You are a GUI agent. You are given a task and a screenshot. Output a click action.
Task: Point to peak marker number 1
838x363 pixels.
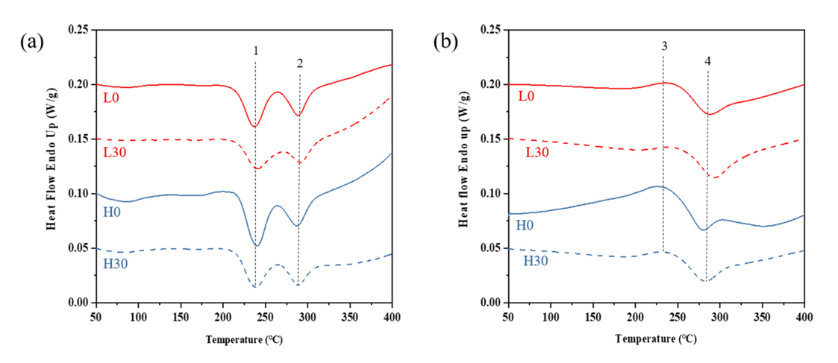point(255,51)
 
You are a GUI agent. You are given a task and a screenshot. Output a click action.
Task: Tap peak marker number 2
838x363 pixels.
point(299,64)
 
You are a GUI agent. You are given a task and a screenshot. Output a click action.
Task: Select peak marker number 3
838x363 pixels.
point(663,46)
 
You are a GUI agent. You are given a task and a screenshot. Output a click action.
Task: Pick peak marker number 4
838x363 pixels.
point(707,61)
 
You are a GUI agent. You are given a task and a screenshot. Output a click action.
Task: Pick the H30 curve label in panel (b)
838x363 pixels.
point(538,260)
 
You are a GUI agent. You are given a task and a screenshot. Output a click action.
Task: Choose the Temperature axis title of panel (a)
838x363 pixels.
point(243,339)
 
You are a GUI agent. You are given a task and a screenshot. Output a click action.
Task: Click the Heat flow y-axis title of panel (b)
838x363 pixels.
point(464,165)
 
